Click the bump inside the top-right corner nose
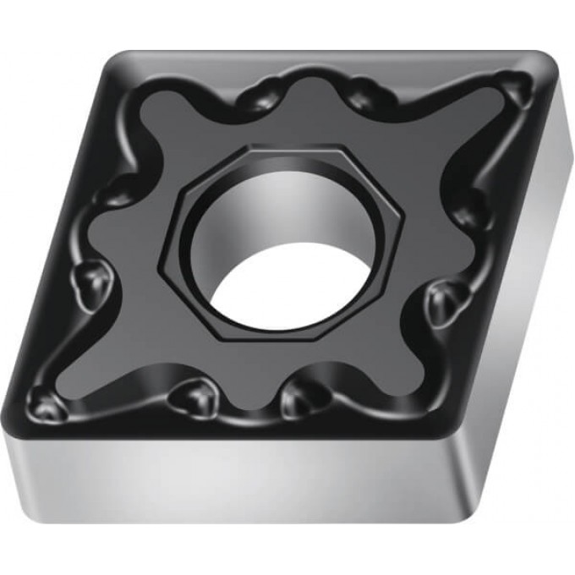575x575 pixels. pyautogui.click(x=512, y=85)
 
